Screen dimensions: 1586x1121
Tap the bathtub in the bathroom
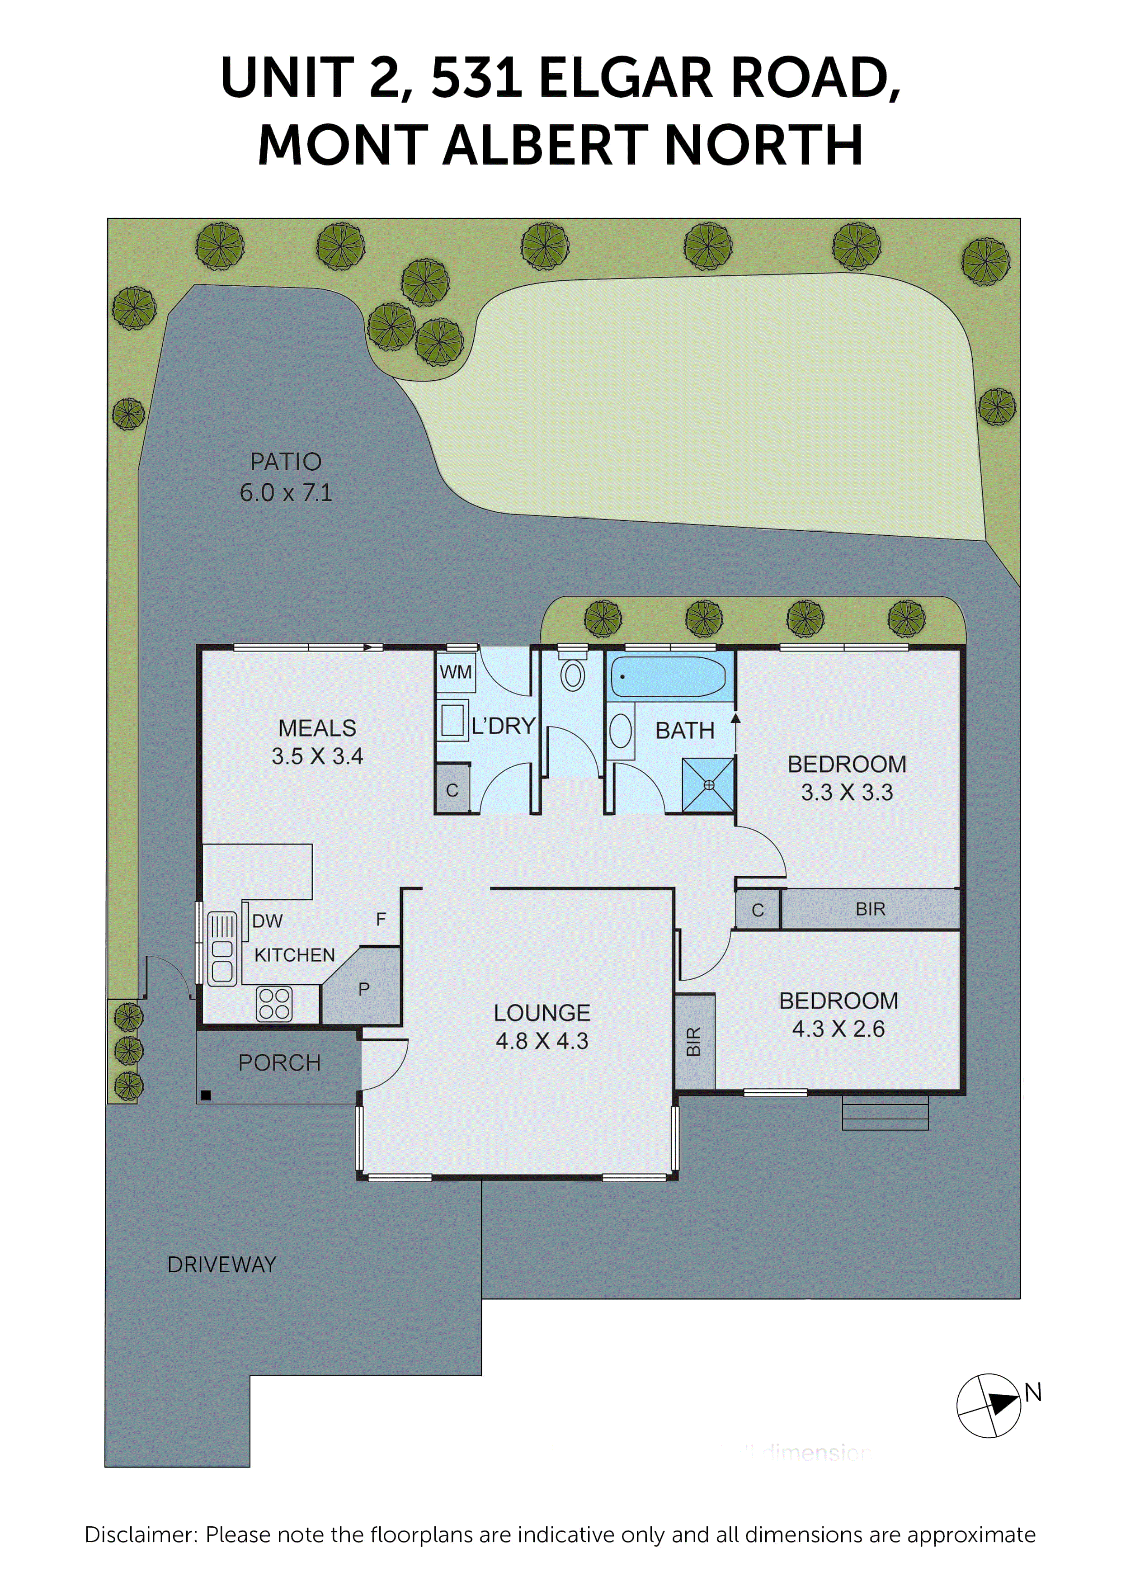(x=668, y=676)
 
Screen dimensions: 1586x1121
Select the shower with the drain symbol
(x=708, y=785)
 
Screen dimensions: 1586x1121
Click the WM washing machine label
(x=456, y=672)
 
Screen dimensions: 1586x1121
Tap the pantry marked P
(x=364, y=989)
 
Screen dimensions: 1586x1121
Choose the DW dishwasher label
(x=267, y=921)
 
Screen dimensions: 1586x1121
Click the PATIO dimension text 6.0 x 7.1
(x=286, y=492)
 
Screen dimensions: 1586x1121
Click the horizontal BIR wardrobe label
(x=870, y=909)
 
